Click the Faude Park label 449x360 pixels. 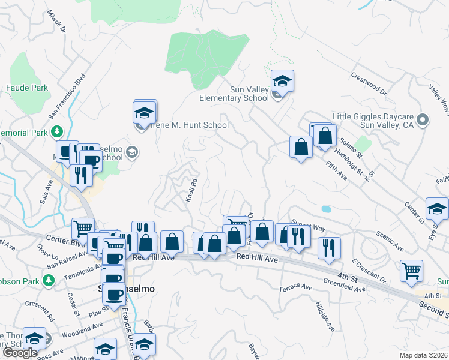coord(27,88)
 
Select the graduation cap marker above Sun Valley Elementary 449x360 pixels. coord(282,80)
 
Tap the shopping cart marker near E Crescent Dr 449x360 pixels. coord(411,271)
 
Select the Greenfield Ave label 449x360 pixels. coord(344,285)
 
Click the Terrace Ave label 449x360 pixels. coord(296,288)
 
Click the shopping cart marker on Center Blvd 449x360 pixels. coord(83,229)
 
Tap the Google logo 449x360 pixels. coord(20,353)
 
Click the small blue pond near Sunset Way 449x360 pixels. coord(325,209)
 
